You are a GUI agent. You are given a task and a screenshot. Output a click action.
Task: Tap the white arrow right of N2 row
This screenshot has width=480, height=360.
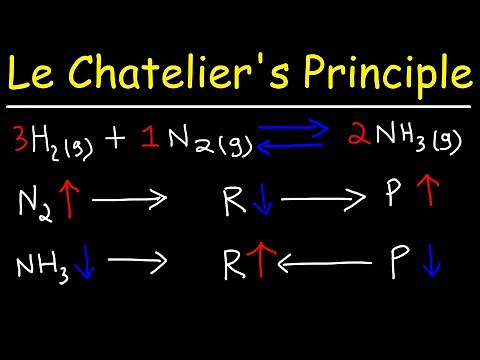point(130,202)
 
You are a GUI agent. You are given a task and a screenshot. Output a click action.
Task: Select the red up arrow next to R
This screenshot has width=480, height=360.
point(265,266)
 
